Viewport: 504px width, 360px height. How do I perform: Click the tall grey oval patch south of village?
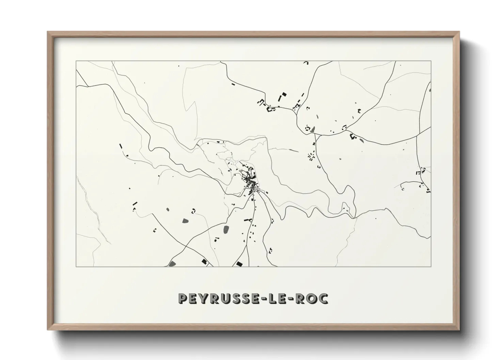point(226,230)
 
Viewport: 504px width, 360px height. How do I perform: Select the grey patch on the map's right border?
point(430,91)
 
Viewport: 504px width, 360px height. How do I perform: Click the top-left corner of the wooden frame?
point(48,32)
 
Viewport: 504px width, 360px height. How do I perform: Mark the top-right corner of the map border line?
point(431,61)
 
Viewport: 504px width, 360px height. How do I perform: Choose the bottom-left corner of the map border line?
point(76,266)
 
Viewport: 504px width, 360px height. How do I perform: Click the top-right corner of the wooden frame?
point(459,32)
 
